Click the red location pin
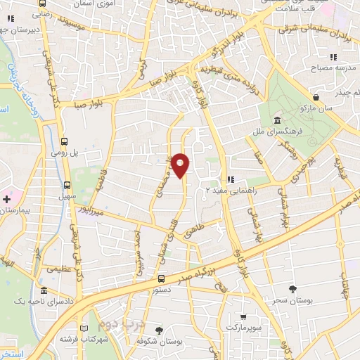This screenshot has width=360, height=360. pos(181,165)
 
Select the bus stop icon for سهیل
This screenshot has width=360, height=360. pos(67,186)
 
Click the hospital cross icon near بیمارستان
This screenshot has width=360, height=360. pos(6,200)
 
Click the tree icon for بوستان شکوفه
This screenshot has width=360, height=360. pos(160,330)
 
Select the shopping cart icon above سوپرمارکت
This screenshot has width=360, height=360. pos(243,317)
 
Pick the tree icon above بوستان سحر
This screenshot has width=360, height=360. pos(292,289)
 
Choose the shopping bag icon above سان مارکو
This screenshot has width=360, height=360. pos(316,97)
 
